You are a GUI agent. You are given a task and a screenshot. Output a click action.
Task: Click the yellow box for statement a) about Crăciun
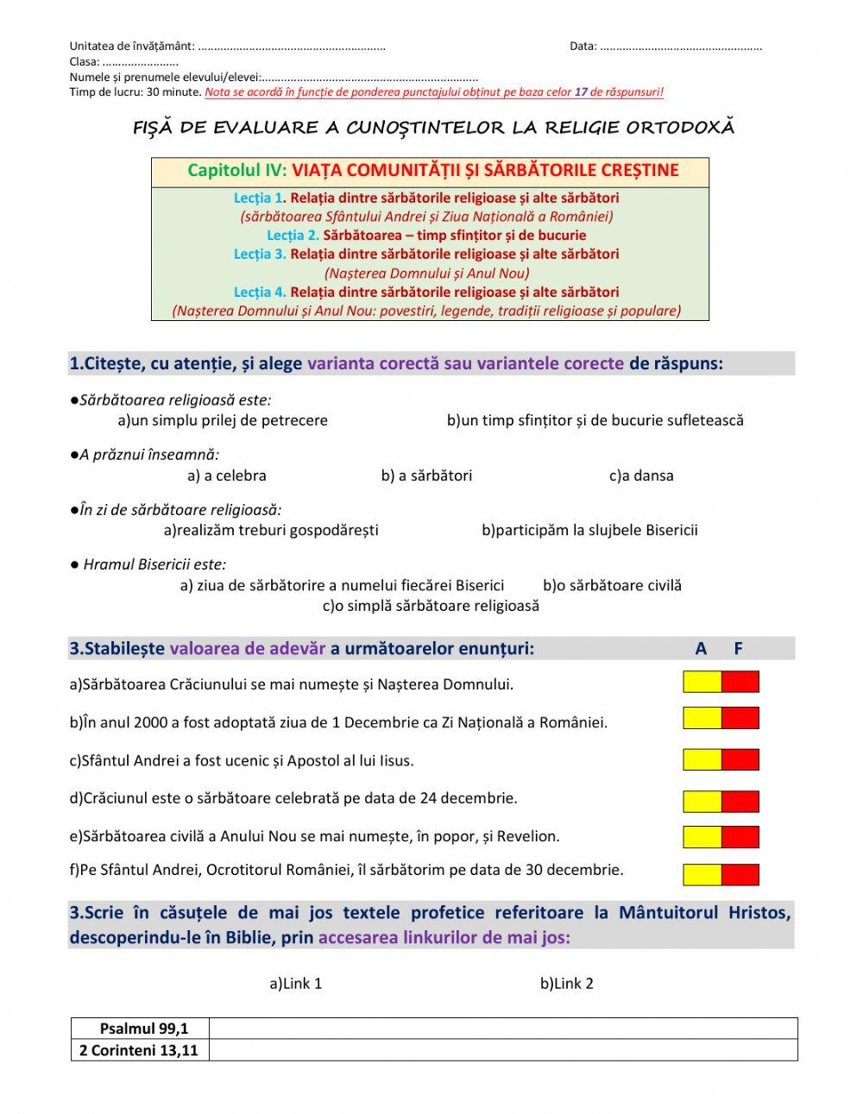coord(702,682)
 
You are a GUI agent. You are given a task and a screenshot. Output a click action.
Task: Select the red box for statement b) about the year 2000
coord(740,718)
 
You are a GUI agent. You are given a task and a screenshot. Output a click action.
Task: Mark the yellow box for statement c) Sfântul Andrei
coord(702,759)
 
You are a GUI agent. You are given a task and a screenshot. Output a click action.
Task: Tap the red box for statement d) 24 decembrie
coord(740,801)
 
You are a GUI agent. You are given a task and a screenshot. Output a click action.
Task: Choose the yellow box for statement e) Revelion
coord(702,837)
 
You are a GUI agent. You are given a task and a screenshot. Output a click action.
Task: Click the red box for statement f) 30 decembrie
coord(740,874)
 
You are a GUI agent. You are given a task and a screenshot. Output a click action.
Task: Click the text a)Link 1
coord(296,983)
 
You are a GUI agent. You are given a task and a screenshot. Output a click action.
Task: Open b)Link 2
coord(567,983)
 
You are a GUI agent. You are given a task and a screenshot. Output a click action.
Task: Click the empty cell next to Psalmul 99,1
coord(503,1028)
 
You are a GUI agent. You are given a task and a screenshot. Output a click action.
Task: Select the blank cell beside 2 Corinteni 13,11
coord(503,1050)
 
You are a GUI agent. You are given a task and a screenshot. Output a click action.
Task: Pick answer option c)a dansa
coord(641,475)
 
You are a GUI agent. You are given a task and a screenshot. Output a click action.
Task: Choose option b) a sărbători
coord(426,475)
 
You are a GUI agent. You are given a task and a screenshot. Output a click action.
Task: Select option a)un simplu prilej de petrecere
coord(223,420)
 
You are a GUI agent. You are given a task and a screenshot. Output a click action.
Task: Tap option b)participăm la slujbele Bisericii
coord(589,530)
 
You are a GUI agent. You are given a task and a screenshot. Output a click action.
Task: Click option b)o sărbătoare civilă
coord(612,585)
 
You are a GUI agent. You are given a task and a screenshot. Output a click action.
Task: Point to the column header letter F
coord(738,649)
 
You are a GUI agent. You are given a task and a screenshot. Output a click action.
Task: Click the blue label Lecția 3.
coord(259,254)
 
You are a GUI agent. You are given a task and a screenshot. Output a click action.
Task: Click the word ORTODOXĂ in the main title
coord(681,128)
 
